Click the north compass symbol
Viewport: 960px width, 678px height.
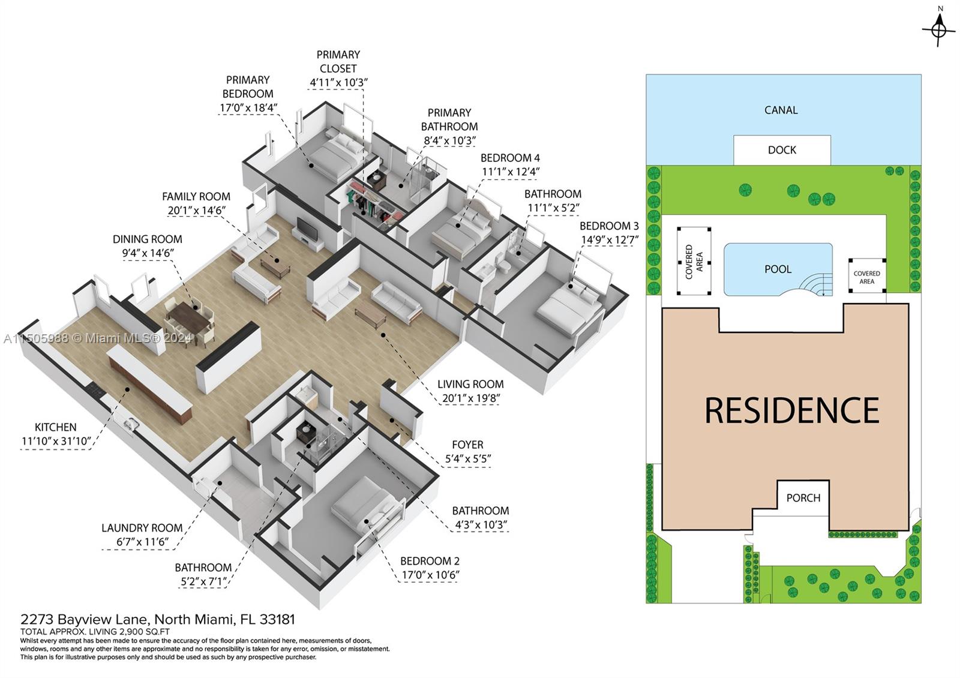point(940,27)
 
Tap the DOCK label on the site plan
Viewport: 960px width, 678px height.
point(782,150)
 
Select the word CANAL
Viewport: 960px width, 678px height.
point(781,110)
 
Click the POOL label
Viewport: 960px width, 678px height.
point(778,269)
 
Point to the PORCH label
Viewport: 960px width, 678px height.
point(803,497)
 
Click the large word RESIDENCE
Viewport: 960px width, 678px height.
point(791,410)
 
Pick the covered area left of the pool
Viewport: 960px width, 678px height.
point(694,261)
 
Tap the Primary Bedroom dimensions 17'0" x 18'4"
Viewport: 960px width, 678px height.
point(248,108)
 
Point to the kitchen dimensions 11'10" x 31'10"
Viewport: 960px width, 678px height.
point(56,442)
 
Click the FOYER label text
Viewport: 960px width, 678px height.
point(467,445)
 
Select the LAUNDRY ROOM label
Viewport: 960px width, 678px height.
point(142,528)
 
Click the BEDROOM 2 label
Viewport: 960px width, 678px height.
point(430,561)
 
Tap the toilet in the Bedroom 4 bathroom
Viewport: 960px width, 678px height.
point(503,266)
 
